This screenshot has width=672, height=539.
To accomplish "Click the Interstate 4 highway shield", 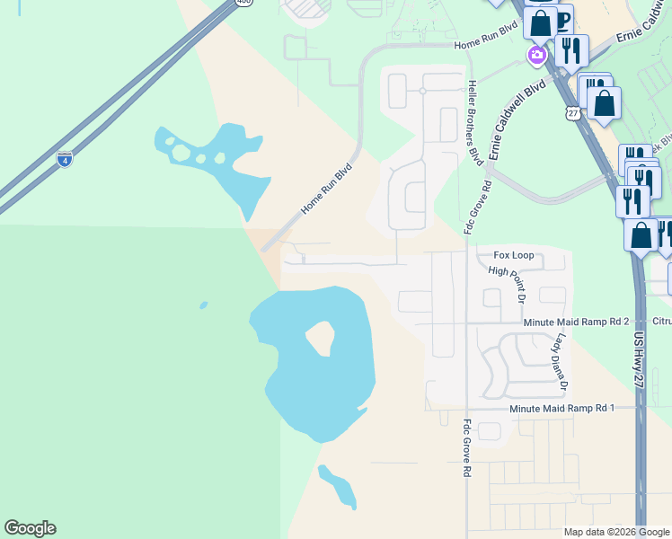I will [64, 159].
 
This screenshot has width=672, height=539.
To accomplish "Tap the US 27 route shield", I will [572, 113].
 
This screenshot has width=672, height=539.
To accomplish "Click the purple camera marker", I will [536, 57].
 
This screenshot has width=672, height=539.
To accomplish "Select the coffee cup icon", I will [561, 20].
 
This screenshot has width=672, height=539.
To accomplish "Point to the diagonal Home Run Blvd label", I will [325, 189].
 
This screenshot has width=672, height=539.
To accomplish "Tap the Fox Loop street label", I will [514, 255].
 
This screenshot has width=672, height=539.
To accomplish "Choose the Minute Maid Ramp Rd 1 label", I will [561, 408].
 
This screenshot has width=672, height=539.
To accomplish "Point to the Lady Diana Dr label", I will [561, 364].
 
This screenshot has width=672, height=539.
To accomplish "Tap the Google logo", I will [30, 528].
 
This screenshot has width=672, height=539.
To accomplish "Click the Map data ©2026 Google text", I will [616, 532].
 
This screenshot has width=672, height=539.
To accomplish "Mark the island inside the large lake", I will [320, 340].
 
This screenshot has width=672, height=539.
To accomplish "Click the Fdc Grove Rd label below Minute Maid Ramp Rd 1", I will [467, 446].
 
